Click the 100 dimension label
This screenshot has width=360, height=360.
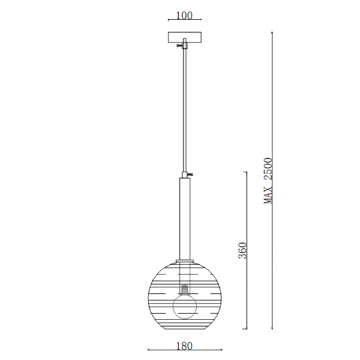tap(184, 16)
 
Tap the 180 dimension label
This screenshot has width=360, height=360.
tap(184, 346)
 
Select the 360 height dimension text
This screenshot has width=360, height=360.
tap(242, 250)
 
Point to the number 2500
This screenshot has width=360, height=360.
tap(268, 168)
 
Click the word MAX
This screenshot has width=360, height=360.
tap(268, 195)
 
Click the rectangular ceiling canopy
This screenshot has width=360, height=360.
tap(185, 37)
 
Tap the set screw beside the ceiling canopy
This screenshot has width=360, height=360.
tap(179, 46)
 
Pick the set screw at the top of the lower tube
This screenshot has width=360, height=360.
tap(190, 175)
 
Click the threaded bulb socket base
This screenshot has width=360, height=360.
tap(185, 290)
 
